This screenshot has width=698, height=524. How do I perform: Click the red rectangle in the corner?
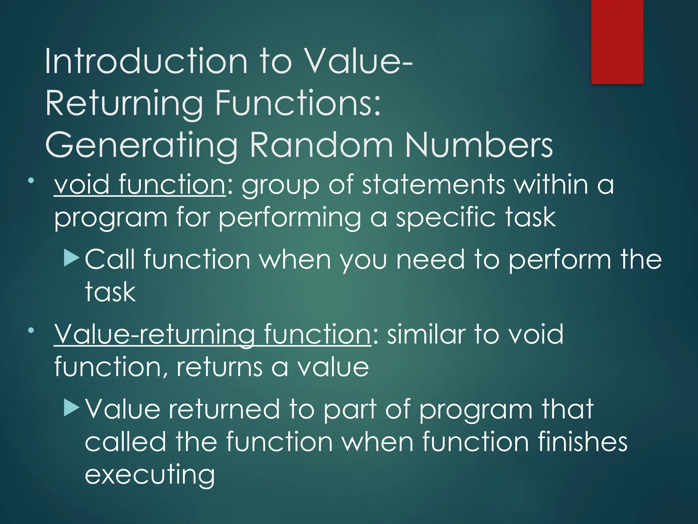[617, 42]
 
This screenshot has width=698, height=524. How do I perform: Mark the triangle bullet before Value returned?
[71, 408]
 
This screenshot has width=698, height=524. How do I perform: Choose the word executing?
[150, 475]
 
